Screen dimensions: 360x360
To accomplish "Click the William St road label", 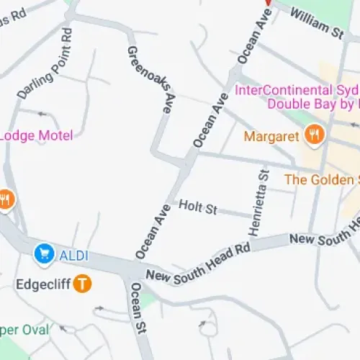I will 318,21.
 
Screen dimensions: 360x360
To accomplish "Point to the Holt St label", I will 198,208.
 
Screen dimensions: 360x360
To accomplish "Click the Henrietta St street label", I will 258,202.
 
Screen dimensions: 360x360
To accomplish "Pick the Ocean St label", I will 139,309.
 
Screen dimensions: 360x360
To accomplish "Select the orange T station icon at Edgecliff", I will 84,284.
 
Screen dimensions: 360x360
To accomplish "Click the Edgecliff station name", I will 43,284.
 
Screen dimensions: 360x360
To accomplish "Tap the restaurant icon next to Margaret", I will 314,134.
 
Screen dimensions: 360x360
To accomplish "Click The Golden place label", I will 321,179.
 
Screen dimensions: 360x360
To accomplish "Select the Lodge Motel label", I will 36,135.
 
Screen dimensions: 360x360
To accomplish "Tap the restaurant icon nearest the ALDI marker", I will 6,199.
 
